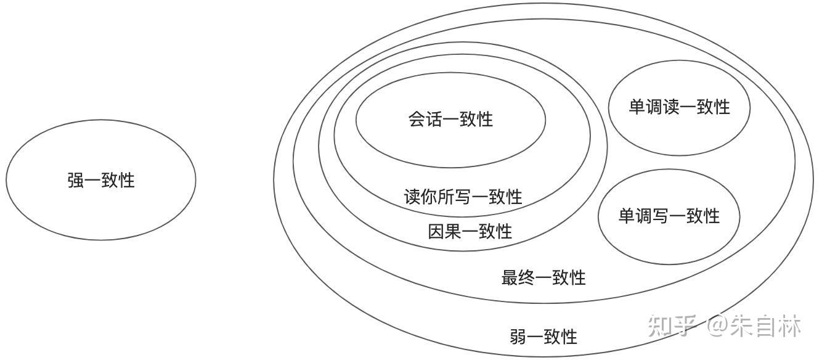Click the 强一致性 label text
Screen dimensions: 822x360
tap(101, 181)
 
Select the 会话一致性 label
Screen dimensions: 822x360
tap(450, 119)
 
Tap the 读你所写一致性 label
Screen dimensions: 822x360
tap(463, 197)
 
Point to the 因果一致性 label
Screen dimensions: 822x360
tap(470, 231)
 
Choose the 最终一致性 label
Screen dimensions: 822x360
tap(543, 277)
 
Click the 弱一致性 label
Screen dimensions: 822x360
tap(543, 337)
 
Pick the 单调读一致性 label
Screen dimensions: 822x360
tap(679, 107)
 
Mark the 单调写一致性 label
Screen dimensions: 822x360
tap(669, 216)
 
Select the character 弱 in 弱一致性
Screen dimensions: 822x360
tap(518, 337)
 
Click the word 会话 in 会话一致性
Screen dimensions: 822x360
tap(425, 119)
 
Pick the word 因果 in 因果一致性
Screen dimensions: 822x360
tap(445, 231)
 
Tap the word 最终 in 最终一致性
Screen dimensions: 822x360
tap(518, 277)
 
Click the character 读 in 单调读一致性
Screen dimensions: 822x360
tap(671, 107)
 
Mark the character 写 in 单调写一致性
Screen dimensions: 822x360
tap(661, 216)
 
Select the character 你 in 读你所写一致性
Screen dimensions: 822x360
tap(429, 197)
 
